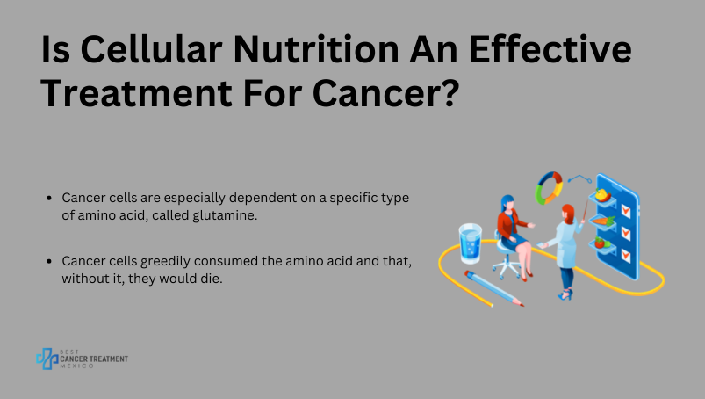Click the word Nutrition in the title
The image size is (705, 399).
[316, 49]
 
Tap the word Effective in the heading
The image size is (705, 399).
[550, 48]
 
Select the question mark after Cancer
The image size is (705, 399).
[450, 92]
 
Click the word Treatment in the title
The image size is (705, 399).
[137, 93]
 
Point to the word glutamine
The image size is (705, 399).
[225, 215]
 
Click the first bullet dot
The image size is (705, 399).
[49, 198]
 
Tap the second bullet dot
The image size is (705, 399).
[49, 261]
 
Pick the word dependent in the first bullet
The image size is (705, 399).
[263, 198]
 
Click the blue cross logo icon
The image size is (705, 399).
[47, 359]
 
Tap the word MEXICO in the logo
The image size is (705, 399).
[77, 366]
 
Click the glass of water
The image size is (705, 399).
[471, 243]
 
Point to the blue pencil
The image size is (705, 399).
[494, 289]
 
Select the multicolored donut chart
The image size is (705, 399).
[549, 187]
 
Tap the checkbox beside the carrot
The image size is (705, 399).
[625, 233]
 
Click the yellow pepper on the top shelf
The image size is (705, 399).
[602, 195]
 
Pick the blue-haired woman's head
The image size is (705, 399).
[507, 204]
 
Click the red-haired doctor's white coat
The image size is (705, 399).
[565, 245]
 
